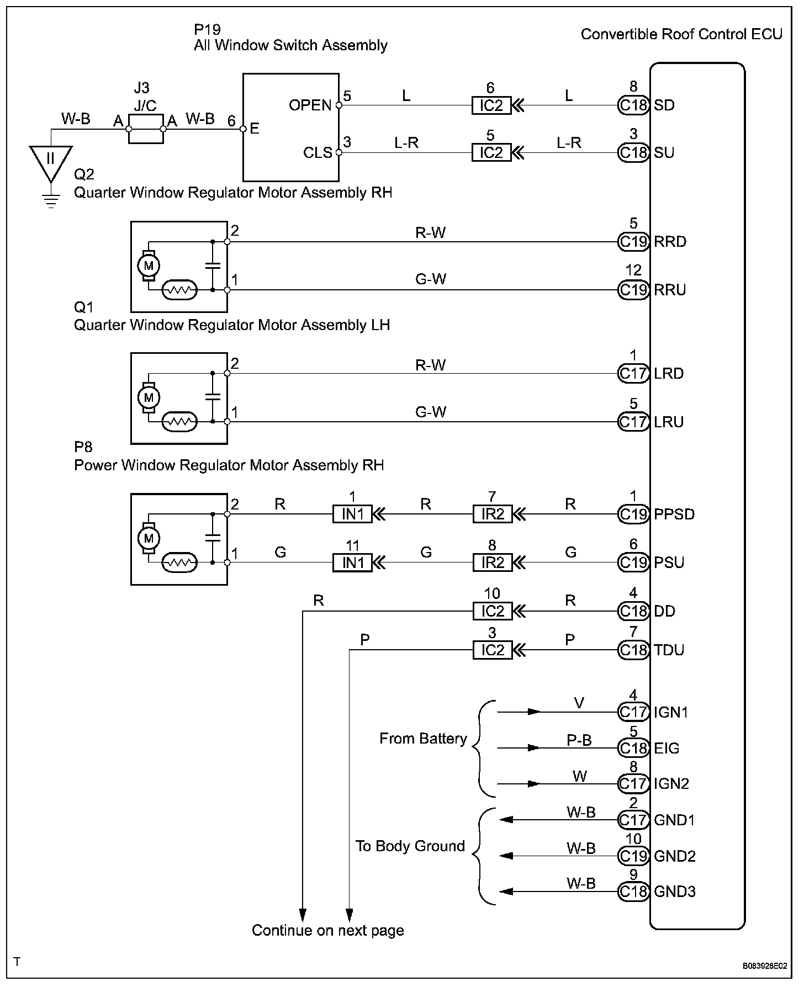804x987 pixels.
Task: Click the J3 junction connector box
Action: click(x=146, y=129)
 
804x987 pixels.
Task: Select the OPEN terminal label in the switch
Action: click(x=310, y=105)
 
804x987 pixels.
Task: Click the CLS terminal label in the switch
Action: click(x=318, y=152)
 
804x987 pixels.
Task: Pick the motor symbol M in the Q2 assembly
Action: click(x=148, y=266)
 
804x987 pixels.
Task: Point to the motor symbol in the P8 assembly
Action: click(x=148, y=538)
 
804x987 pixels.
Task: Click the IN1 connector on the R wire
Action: click(x=352, y=514)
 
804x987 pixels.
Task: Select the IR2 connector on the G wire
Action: click(x=493, y=563)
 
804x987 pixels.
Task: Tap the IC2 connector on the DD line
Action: click(x=493, y=611)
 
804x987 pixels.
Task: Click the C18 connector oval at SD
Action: click(x=633, y=105)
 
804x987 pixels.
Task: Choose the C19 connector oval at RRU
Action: click(x=633, y=290)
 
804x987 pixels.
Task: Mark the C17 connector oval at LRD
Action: click(x=633, y=374)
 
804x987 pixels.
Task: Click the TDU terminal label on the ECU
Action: click(x=669, y=650)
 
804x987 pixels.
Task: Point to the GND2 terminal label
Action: click(x=674, y=856)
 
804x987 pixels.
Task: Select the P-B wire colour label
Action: click(x=579, y=740)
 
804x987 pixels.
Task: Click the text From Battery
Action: click(x=423, y=739)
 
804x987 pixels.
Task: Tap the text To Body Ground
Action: click(x=410, y=846)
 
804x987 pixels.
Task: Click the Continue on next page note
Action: click(x=328, y=931)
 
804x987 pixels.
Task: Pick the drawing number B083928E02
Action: click(x=764, y=967)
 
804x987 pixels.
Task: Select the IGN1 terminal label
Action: click(x=671, y=712)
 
